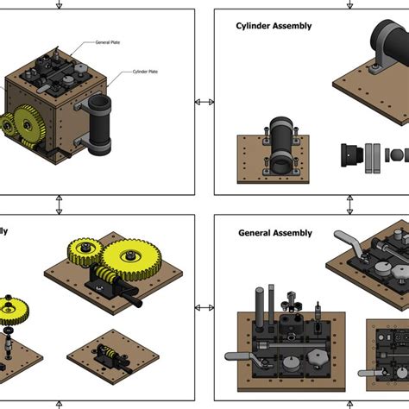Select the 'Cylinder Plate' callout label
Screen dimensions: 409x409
pos(145,73)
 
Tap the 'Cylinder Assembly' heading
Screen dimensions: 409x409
pos(274,26)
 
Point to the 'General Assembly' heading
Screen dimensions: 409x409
pos(274,233)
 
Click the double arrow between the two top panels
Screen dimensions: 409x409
pos(204,102)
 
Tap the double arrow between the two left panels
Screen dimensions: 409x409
pos(59,205)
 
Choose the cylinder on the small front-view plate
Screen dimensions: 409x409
pos(282,139)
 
